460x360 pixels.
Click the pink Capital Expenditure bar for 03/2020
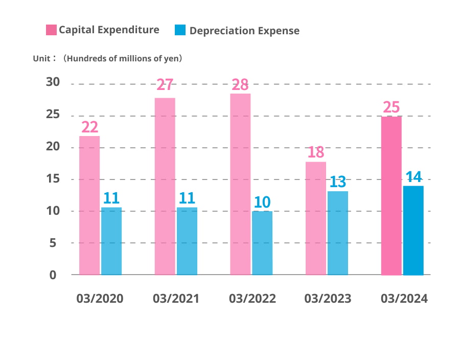(89, 205)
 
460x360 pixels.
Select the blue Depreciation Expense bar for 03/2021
(187, 240)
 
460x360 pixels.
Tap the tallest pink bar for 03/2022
(240, 184)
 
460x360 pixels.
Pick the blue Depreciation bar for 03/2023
(338, 233)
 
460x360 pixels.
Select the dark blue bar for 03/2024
(413, 230)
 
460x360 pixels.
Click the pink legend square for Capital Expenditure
(51, 30)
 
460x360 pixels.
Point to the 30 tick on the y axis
(53, 83)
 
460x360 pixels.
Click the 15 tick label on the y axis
(53, 179)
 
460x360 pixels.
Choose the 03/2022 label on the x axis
(252, 299)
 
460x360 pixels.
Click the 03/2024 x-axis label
(404, 299)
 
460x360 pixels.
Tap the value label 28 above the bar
(240, 84)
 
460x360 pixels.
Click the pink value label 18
(315, 152)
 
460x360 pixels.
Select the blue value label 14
(413, 177)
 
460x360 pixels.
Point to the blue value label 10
(262, 202)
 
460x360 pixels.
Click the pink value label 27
(165, 85)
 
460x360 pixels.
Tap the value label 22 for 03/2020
(89, 127)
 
